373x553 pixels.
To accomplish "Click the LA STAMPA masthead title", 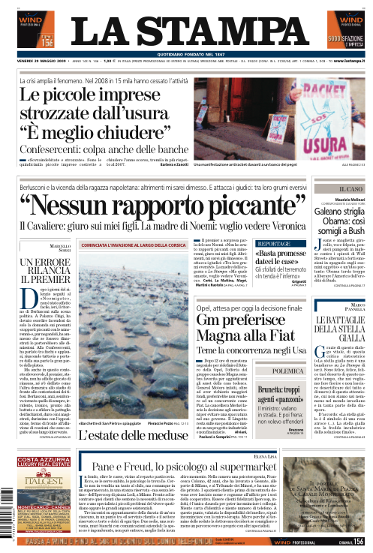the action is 186,31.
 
